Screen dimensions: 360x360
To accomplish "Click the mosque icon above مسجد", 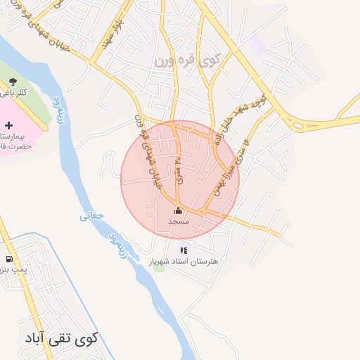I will point(178,210).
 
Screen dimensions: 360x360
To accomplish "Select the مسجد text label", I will point(179,221).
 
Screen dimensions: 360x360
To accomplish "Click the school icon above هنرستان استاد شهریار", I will point(184,250).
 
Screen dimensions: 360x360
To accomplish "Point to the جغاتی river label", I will point(90,217).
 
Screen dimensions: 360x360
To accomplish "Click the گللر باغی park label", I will point(14,93).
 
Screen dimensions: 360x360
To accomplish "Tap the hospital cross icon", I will point(8,124).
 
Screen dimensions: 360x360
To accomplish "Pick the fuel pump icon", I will point(8,257).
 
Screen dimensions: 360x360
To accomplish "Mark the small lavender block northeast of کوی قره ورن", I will point(257,44).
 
